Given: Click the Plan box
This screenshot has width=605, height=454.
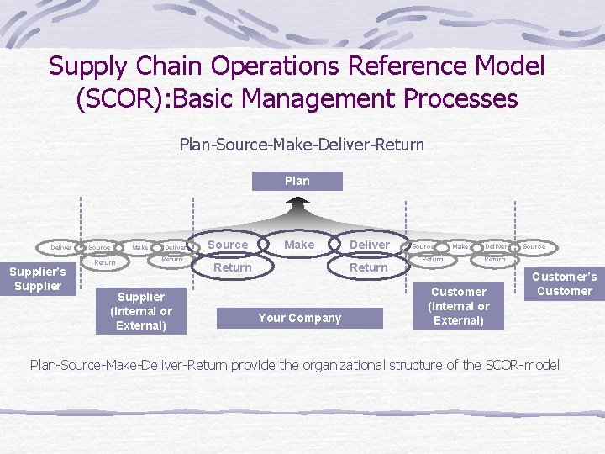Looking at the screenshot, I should coord(297,181).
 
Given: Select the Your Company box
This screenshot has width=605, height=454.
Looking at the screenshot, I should coord(299,318).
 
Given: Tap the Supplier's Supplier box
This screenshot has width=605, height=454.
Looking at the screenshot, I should coord(38,279).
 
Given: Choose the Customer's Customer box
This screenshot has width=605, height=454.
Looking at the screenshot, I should coord(565,283).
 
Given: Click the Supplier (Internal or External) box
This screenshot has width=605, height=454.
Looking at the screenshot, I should coord(141,311).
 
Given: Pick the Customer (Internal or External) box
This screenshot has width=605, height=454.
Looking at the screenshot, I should coord(459,306).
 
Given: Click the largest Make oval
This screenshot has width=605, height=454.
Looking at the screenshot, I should coord(299,245).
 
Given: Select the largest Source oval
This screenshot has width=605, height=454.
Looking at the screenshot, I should coord(228,245).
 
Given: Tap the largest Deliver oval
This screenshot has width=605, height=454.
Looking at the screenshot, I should coord(370,245).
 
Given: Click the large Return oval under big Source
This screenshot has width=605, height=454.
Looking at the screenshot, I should coord(232,267).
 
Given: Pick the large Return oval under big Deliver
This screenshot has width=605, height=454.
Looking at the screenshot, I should coord(369,267).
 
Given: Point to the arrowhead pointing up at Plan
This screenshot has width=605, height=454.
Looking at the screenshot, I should coord(297,202).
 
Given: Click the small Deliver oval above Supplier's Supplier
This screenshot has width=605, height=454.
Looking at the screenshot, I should coord(60,248).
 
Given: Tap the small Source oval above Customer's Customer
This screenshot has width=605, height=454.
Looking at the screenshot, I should coord(534,247).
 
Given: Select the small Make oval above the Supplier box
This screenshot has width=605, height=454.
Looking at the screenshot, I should coord(139,247).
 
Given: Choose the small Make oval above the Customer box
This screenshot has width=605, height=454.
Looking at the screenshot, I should coord(460,247).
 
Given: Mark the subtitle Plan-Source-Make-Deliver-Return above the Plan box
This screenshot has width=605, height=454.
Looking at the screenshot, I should coord(302,145).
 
